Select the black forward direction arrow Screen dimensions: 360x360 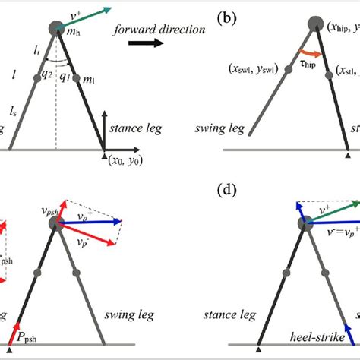[x=144, y=43]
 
